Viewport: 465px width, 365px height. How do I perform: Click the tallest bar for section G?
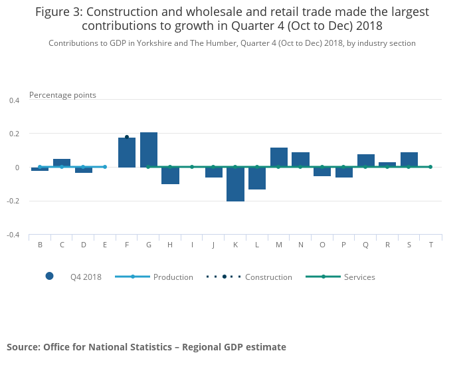pos(149,150)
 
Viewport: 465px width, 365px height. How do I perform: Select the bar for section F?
pos(127,152)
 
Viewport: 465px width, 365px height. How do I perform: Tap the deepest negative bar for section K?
pos(235,184)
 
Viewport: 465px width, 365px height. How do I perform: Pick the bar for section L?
pos(257,178)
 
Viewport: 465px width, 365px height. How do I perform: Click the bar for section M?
pos(279,157)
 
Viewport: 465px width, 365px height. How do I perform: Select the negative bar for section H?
pos(170,176)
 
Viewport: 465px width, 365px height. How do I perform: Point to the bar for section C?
pos(62,163)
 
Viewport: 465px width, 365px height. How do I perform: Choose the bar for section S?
pos(409,160)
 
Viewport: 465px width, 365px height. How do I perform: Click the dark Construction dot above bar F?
pos(127,137)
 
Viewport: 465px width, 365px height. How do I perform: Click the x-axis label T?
pos(430,245)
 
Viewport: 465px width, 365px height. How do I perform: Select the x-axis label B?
pos(40,245)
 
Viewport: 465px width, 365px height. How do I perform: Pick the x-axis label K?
pos(235,245)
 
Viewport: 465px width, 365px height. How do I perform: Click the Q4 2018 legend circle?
pos(49,277)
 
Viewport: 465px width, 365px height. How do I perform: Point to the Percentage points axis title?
pos(62,95)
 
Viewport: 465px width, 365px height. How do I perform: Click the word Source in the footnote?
pos(23,347)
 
